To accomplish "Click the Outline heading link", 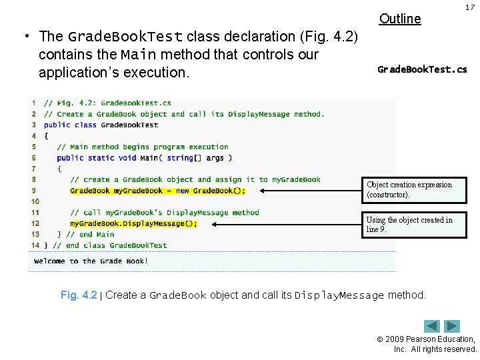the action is [x=400, y=19].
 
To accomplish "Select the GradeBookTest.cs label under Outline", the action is [x=422, y=69].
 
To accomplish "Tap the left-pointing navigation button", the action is [x=433, y=326].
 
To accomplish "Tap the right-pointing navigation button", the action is [x=453, y=326].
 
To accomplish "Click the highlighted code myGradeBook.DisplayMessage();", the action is [x=133, y=223].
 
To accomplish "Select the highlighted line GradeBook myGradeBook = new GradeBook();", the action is [x=157, y=191].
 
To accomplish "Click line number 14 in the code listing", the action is [x=35, y=245].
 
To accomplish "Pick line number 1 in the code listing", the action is [x=33, y=103].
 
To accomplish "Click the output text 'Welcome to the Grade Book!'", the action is [x=91, y=261].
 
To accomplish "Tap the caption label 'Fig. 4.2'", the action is [x=79, y=295].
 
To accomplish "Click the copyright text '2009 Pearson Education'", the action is [x=433, y=339].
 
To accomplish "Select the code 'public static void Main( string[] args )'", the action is [x=144, y=158].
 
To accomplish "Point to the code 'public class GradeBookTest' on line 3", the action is [x=101, y=125].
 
